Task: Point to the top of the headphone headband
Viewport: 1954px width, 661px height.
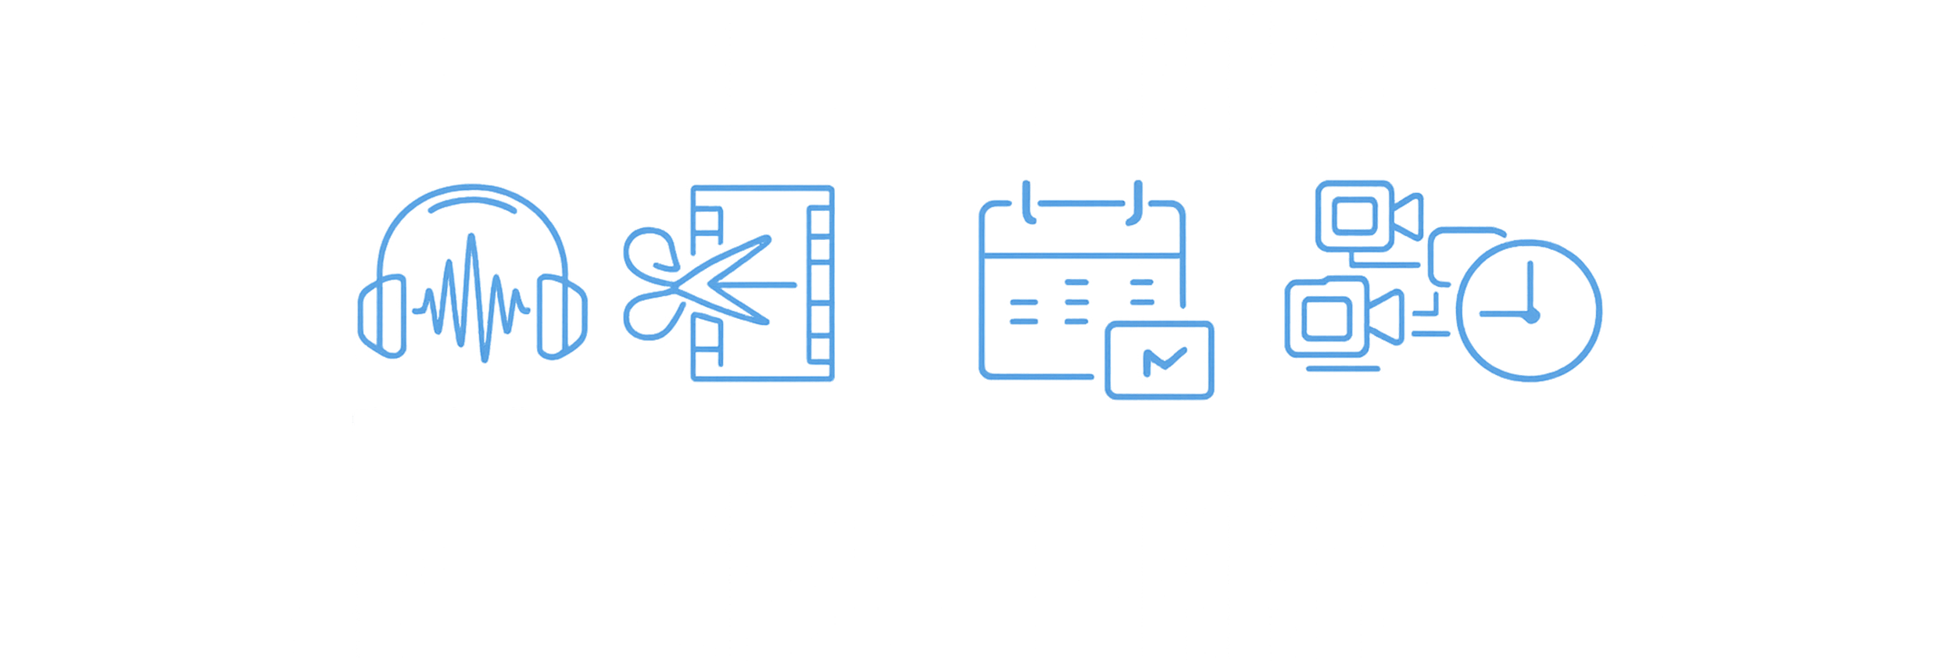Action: pyautogui.click(x=473, y=188)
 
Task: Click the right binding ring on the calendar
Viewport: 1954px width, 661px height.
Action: pyautogui.click(x=1138, y=202)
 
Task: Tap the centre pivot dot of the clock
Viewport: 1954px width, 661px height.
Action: pyautogui.click(x=1531, y=314)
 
